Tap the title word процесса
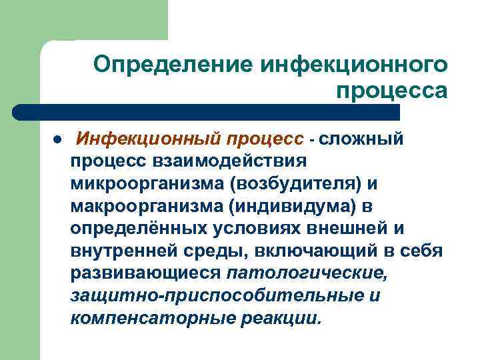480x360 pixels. pos(391,89)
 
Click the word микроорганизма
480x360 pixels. pos(144,184)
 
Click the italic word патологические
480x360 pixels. pos(307,275)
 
